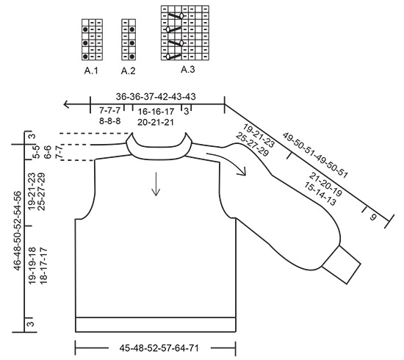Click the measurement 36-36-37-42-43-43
(x=156, y=96)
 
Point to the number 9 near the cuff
(x=372, y=217)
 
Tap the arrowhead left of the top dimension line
(x=67, y=104)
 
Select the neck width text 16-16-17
(x=155, y=111)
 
